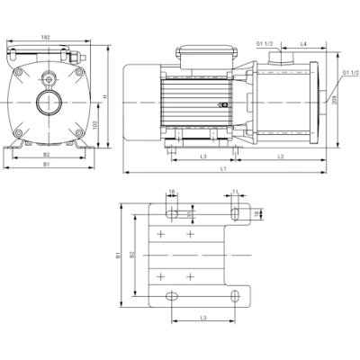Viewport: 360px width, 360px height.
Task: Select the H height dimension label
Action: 106,97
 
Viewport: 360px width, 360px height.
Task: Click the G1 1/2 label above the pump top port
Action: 265,43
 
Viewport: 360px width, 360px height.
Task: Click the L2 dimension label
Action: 281,157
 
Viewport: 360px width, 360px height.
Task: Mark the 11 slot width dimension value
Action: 235,192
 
